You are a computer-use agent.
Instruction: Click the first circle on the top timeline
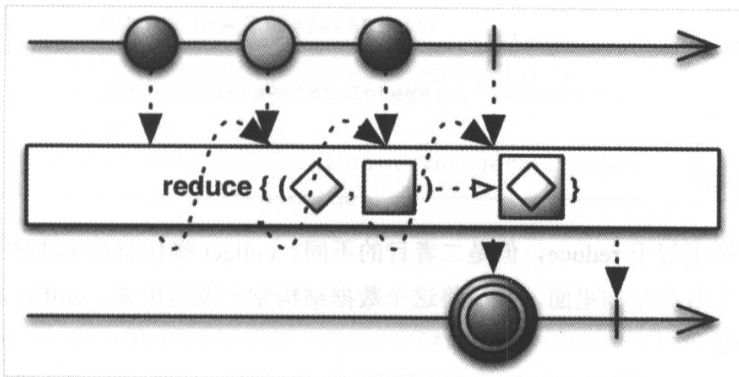coord(151,44)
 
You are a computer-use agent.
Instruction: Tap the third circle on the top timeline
coord(384,44)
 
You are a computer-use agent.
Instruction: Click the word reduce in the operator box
coord(207,188)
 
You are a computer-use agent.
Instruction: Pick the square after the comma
coord(387,188)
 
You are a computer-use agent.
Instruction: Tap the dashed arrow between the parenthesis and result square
coord(462,191)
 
